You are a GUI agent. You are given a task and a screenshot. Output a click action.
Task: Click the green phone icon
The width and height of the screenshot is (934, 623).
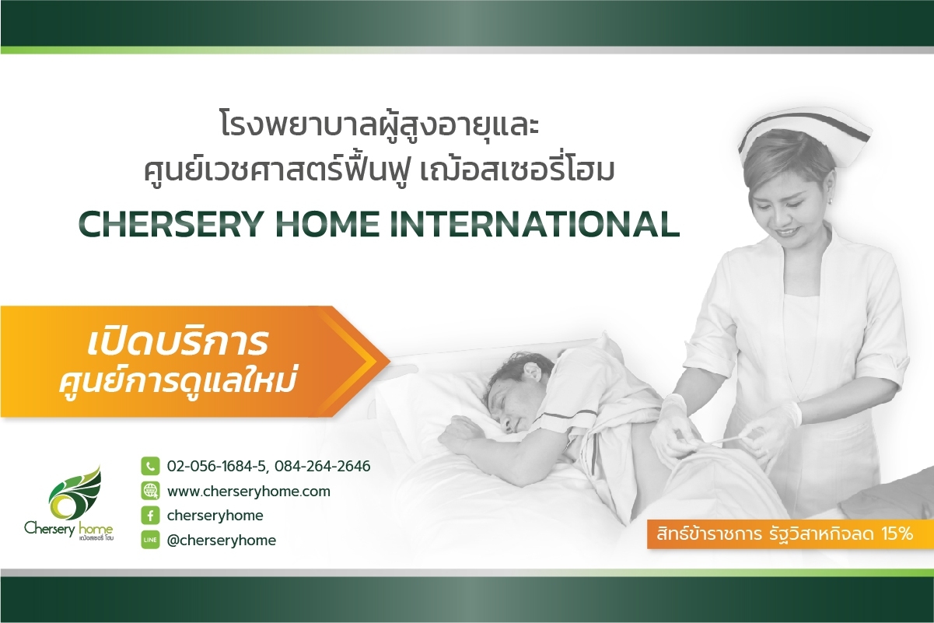pos(150,466)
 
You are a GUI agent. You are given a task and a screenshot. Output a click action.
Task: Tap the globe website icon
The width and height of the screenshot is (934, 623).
pos(150,492)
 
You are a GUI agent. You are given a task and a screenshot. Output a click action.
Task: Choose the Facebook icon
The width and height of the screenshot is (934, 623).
pos(150,516)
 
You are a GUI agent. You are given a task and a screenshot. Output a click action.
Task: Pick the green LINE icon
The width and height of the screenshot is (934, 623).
pos(150,540)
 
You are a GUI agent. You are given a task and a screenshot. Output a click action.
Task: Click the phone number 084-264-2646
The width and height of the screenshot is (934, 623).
pos(323,466)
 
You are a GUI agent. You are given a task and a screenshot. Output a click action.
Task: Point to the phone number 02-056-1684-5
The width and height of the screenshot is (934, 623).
pos(216,466)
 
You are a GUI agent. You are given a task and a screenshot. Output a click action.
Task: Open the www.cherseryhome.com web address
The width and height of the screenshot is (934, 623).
pos(249,492)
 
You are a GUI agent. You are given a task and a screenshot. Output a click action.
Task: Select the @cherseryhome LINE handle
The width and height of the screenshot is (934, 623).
pos(222,541)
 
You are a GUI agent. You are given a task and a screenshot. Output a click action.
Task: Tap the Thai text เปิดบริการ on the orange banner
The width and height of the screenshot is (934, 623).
pos(178,342)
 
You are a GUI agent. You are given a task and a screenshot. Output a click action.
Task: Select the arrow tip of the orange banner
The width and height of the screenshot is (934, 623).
pos(390,362)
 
